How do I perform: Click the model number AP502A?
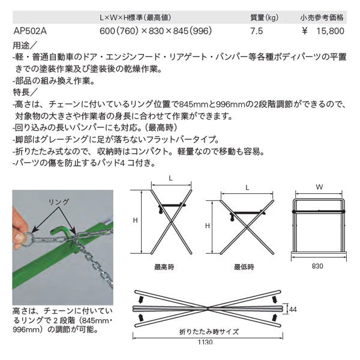click(29, 30)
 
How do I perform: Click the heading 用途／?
click(25, 46)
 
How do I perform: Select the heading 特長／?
click(25, 92)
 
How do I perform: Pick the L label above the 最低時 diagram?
click(247, 188)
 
